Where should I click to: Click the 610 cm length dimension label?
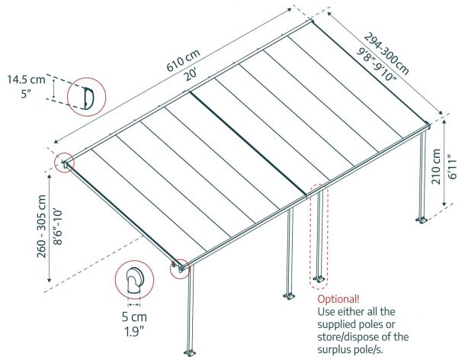(183, 60)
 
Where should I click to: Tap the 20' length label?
(190, 75)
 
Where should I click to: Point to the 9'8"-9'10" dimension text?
(376, 65)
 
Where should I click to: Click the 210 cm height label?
(436, 167)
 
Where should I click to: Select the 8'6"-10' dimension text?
(58, 227)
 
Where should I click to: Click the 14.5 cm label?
(26, 80)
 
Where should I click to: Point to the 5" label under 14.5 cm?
(26, 94)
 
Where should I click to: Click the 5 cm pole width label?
(134, 317)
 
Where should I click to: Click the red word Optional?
(338, 299)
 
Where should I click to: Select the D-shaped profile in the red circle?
(88, 98)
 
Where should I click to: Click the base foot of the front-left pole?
(190, 353)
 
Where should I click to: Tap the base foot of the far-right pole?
(422, 220)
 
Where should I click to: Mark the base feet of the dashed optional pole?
(319, 279)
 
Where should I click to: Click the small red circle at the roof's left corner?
(65, 162)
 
